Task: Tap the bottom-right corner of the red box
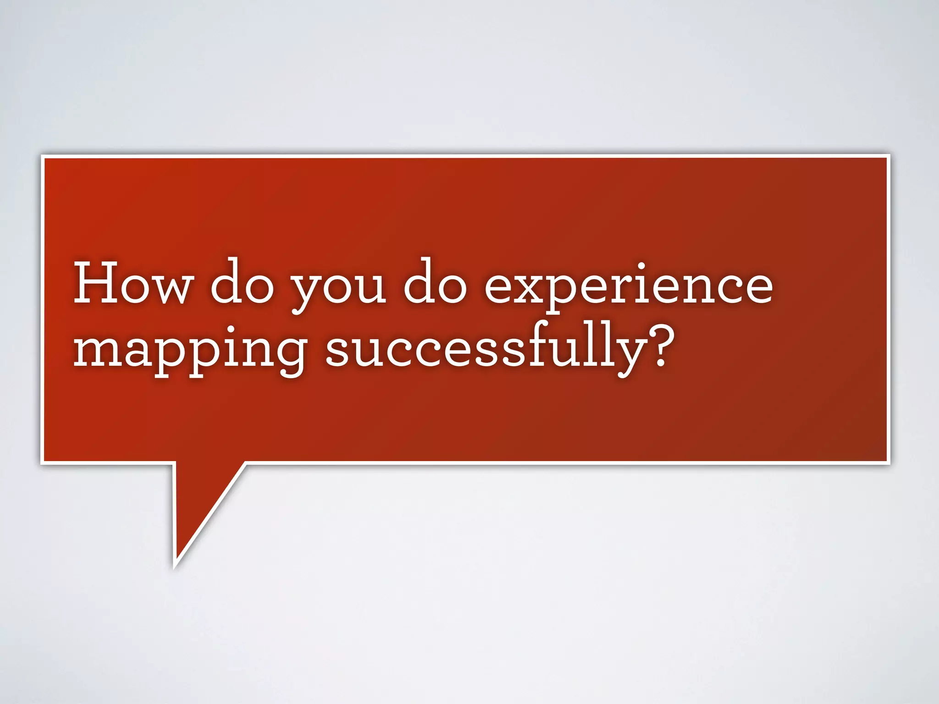pos(888,462)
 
